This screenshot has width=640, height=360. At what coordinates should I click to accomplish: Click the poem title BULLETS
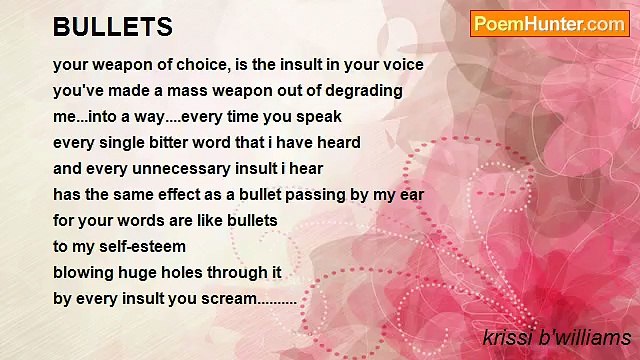coord(113,27)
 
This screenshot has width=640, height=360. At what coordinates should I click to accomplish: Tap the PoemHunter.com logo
coord(549,24)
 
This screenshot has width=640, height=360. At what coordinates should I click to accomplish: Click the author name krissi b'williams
coord(556,337)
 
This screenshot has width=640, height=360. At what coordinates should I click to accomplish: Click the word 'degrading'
coord(365,91)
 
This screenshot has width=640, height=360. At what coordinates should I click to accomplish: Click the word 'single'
coord(131,143)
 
